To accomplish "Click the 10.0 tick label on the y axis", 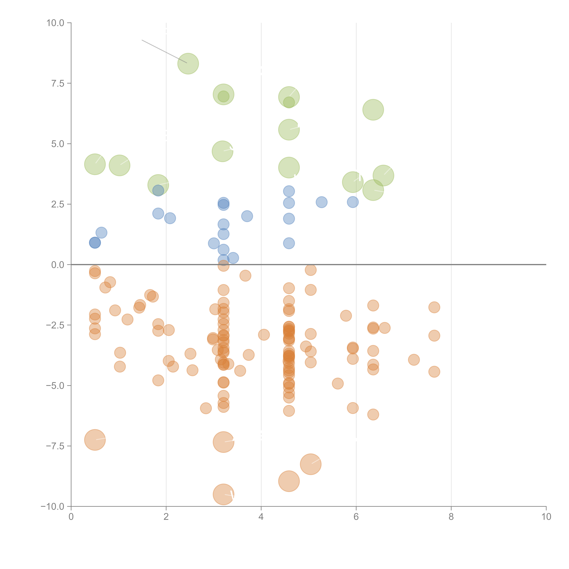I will (55, 23).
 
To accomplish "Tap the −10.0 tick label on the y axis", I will (52, 507).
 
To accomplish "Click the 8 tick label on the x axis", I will (451, 517).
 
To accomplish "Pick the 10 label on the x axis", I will (546, 517).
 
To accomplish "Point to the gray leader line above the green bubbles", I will (164, 51).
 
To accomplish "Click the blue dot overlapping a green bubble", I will (158, 191).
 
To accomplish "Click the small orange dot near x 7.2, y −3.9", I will (414, 360).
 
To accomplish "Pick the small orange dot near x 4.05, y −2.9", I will (264, 335).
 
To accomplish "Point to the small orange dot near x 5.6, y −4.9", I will (338, 384).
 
